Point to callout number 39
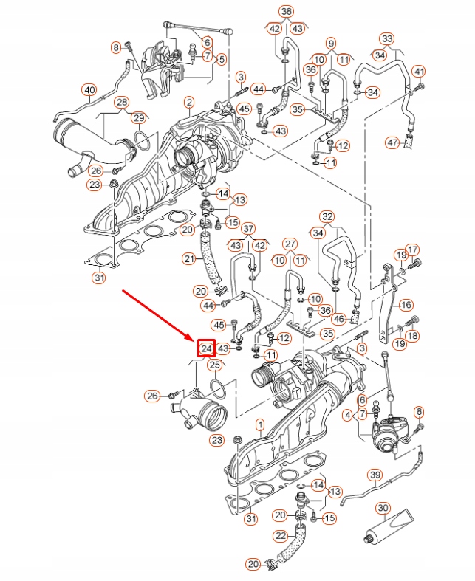pyautogui.click(x=375, y=475)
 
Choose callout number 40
pyautogui.click(x=89, y=91)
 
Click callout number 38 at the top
pyautogui.click(x=286, y=11)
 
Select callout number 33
pyautogui.click(x=386, y=38)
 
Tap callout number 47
pyautogui.click(x=330, y=44)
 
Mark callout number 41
pyautogui.click(x=420, y=71)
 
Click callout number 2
pyautogui.click(x=189, y=101)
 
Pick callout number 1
pyautogui.click(x=259, y=424)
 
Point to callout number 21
pyautogui.click(x=189, y=258)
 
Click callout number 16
pyautogui.click(x=406, y=304)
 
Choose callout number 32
pyautogui.click(x=327, y=216)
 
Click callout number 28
pyautogui.click(x=121, y=102)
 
